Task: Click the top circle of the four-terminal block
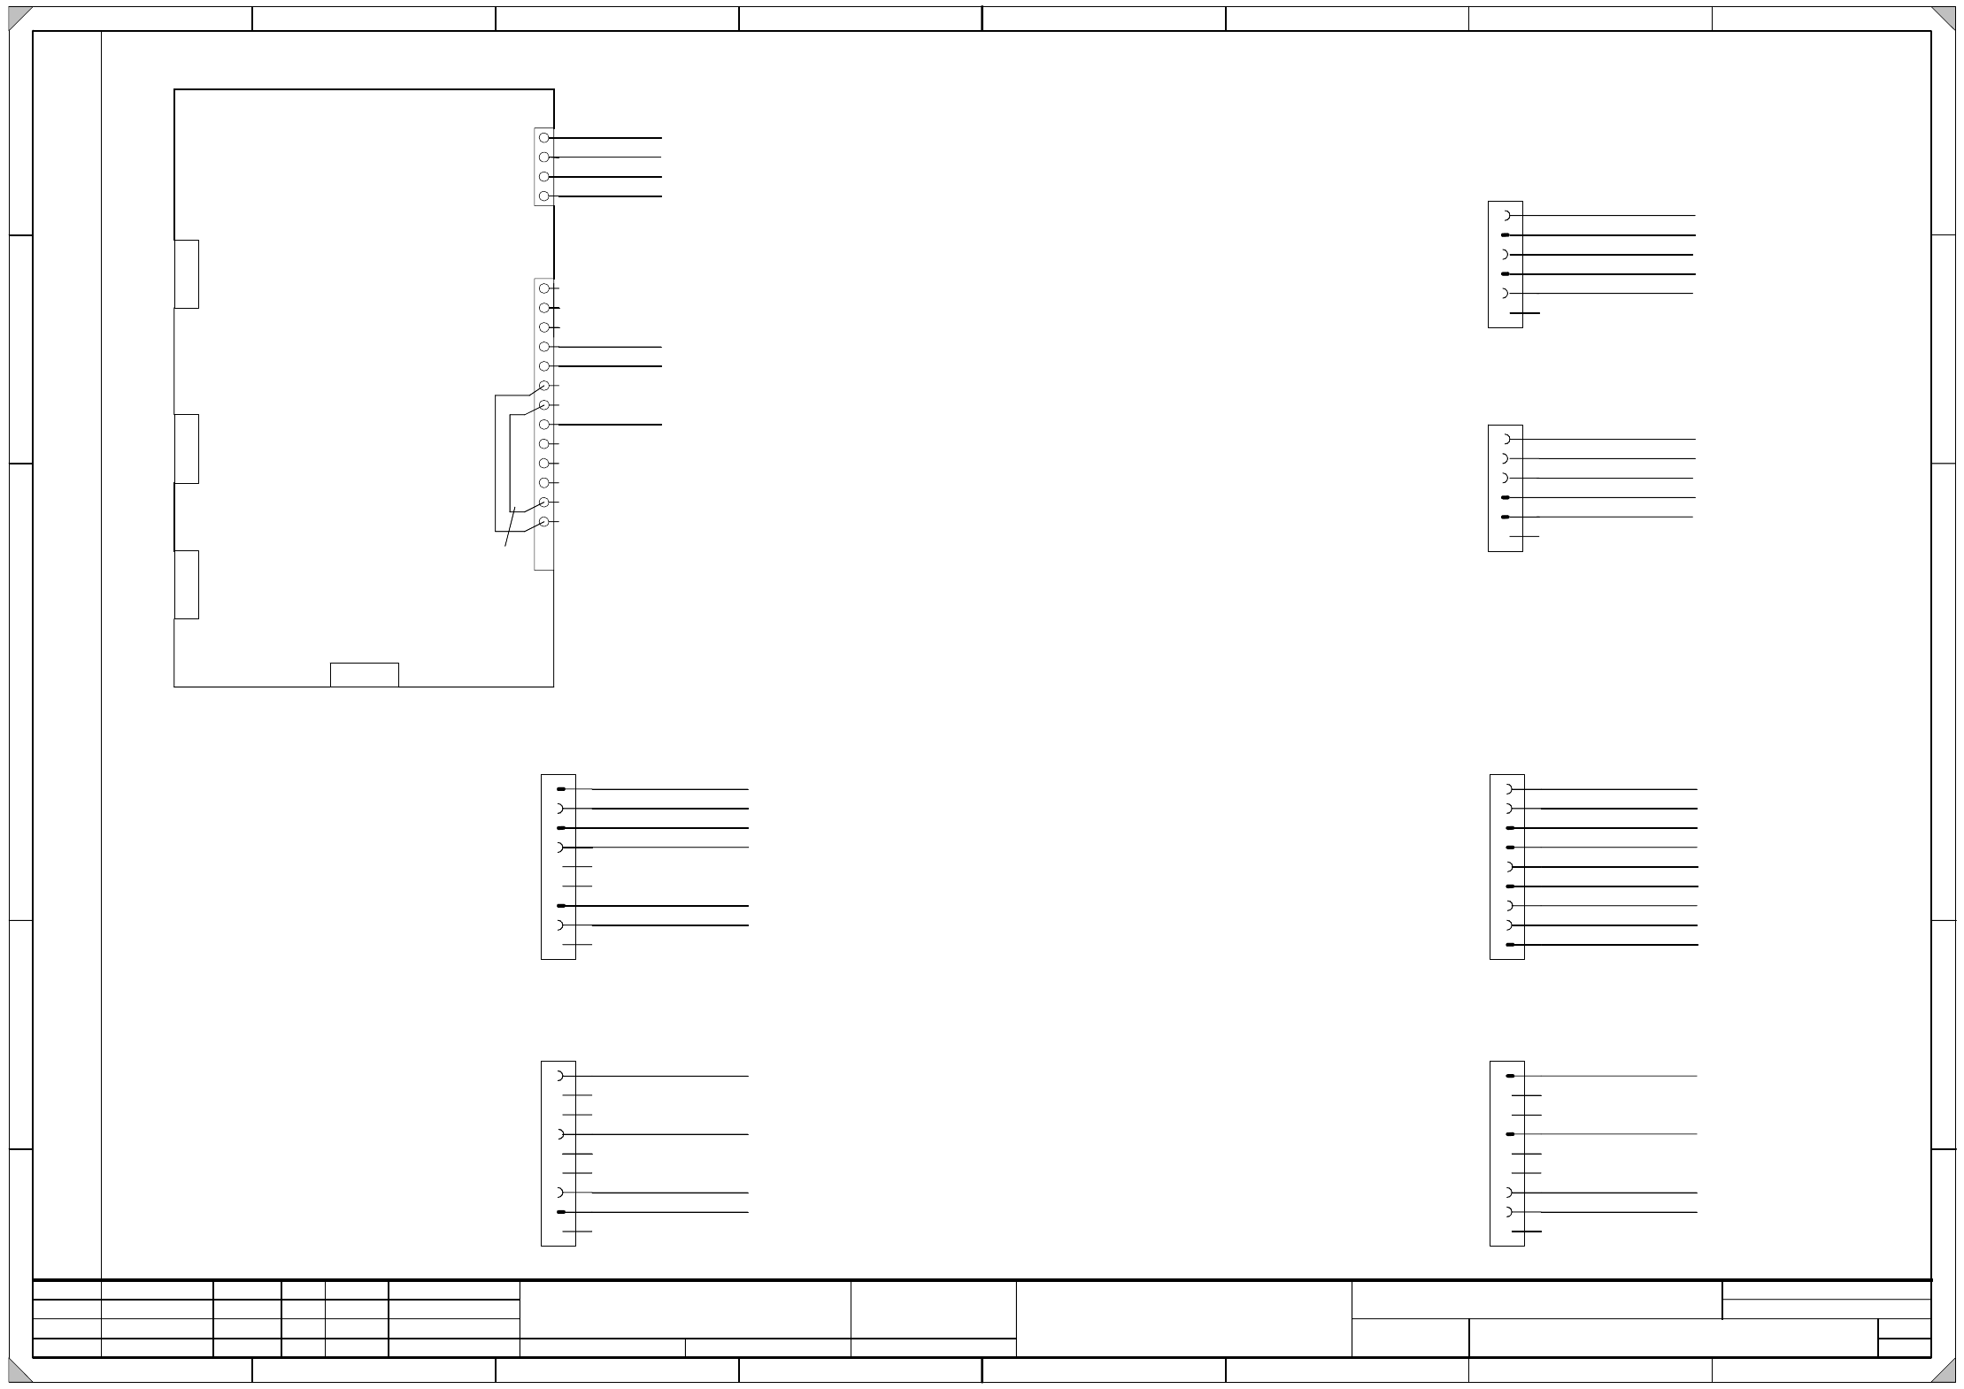click(544, 138)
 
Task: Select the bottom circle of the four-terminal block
click(544, 196)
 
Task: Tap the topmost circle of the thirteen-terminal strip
click(544, 288)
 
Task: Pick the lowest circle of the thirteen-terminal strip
click(544, 522)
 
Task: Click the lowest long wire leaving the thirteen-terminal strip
click(611, 425)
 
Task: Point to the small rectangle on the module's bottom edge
click(365, 674)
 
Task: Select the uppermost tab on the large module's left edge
click(187, 274)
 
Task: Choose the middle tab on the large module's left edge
click(187, 449)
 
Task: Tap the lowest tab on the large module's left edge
click(187, 585)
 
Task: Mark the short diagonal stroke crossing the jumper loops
click(510, 526)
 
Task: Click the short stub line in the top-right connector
click(1525, 313)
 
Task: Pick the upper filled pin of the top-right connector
click(1506, 235)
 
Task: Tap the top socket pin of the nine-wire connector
click(1508, 789)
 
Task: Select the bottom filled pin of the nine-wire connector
click(1510, 945)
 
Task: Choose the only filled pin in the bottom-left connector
click(561, 1212)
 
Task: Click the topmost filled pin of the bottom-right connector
click(1510, 1076)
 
